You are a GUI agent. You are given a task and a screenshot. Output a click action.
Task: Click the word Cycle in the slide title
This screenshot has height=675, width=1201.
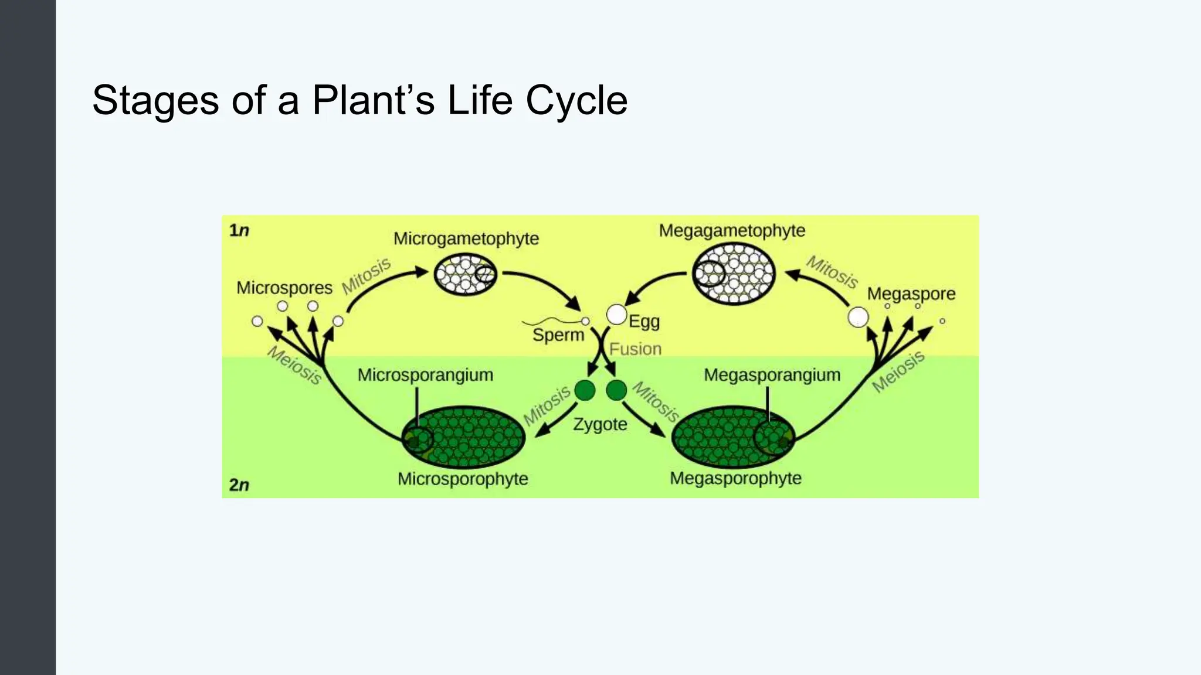576,100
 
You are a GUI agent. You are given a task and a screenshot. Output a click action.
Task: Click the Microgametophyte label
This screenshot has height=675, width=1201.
466,238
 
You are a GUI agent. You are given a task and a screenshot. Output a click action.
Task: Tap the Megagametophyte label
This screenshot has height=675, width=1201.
732,230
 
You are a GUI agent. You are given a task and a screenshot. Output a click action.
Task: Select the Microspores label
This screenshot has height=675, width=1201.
284,288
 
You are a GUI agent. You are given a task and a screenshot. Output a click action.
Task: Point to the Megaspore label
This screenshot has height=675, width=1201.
911,294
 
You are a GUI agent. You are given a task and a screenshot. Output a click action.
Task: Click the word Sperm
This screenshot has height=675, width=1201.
558,335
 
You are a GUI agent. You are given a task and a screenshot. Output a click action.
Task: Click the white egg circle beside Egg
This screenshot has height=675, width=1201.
616,315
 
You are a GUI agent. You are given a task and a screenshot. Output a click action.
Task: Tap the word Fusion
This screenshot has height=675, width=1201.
635,349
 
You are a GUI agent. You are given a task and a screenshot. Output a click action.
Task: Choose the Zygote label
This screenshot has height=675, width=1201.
600,424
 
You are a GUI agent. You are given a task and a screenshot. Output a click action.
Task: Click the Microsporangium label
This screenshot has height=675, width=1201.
425,375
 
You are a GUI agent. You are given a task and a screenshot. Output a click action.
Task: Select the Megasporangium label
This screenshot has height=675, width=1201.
772,375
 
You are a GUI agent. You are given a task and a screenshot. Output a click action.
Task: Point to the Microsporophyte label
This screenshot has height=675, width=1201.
463,479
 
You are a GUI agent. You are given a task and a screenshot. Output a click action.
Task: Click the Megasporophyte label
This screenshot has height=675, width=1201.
735,478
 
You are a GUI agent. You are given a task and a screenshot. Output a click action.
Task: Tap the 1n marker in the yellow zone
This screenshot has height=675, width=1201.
239,230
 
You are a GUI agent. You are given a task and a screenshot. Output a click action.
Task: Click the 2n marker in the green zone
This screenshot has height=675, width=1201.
239,485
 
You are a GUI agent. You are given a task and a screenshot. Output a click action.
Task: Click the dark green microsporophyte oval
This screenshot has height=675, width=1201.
463,437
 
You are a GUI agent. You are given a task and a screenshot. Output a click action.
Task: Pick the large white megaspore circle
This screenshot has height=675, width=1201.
858,317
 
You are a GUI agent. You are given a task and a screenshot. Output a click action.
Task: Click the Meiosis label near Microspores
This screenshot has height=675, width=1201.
295,365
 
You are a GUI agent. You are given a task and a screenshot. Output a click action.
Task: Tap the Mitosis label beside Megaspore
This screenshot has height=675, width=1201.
832,272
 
